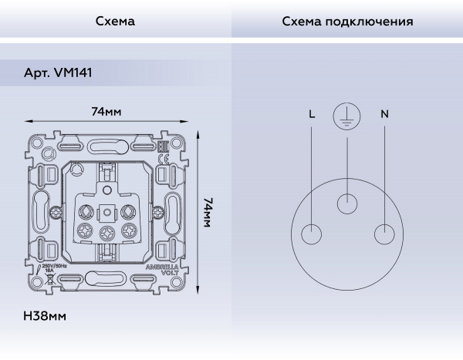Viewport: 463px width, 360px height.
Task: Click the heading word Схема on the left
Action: click(115, 22)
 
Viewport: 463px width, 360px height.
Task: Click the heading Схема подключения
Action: click(346, 22)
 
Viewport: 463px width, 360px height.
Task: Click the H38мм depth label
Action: click(46, 316)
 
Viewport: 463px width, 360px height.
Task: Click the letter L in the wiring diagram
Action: click(311, 114)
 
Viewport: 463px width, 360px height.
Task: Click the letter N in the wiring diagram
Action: click(384, 114)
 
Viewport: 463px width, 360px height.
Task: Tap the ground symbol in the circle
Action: click(347, 116)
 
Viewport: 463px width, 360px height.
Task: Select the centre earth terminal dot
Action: click(348, 204)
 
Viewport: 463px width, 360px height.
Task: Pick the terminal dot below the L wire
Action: click(311, 234)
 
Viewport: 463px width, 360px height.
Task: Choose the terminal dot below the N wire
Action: click(384, 234)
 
